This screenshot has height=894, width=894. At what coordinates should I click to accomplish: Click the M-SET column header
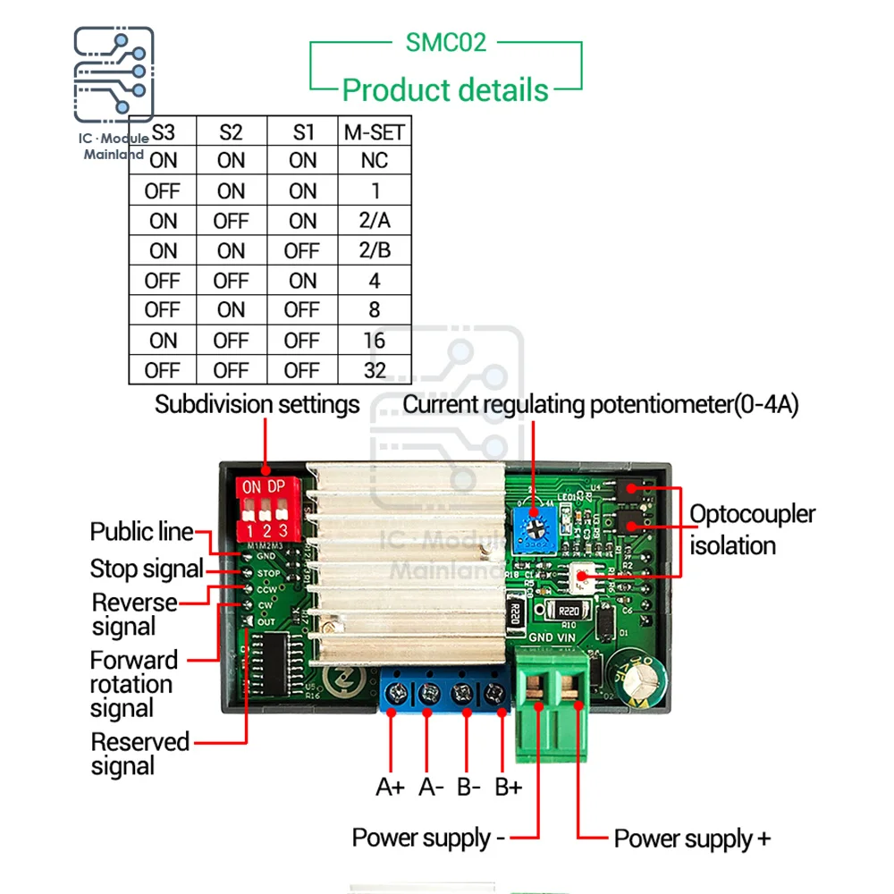(x=375, y=132)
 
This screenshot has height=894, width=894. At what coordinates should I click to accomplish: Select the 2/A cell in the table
(x=375, y=221)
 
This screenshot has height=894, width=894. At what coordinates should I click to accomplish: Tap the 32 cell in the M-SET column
(x=375, y=370)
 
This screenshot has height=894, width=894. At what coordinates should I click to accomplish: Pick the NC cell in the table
(x=375, y=161)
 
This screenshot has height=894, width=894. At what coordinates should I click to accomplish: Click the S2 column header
(x=231, y=132)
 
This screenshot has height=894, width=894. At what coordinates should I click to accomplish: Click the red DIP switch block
(x=266, y=508)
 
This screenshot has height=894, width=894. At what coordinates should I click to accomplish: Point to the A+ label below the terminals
(x=391, y=788)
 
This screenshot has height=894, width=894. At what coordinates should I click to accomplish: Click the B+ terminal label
(x=508, y=788)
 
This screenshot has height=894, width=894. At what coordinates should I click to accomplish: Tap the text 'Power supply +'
(x=691, y=839)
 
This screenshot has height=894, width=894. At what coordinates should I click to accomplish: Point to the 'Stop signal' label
(x=147, y=569)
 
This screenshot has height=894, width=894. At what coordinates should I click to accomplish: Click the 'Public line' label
(x=141, y=533)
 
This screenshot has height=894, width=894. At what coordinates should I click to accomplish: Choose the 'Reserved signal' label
(x=139, y=754)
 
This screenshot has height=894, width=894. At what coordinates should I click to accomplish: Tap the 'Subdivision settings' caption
(x=257, y=404)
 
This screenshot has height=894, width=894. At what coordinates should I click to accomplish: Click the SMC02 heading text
(x=445, y=42)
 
